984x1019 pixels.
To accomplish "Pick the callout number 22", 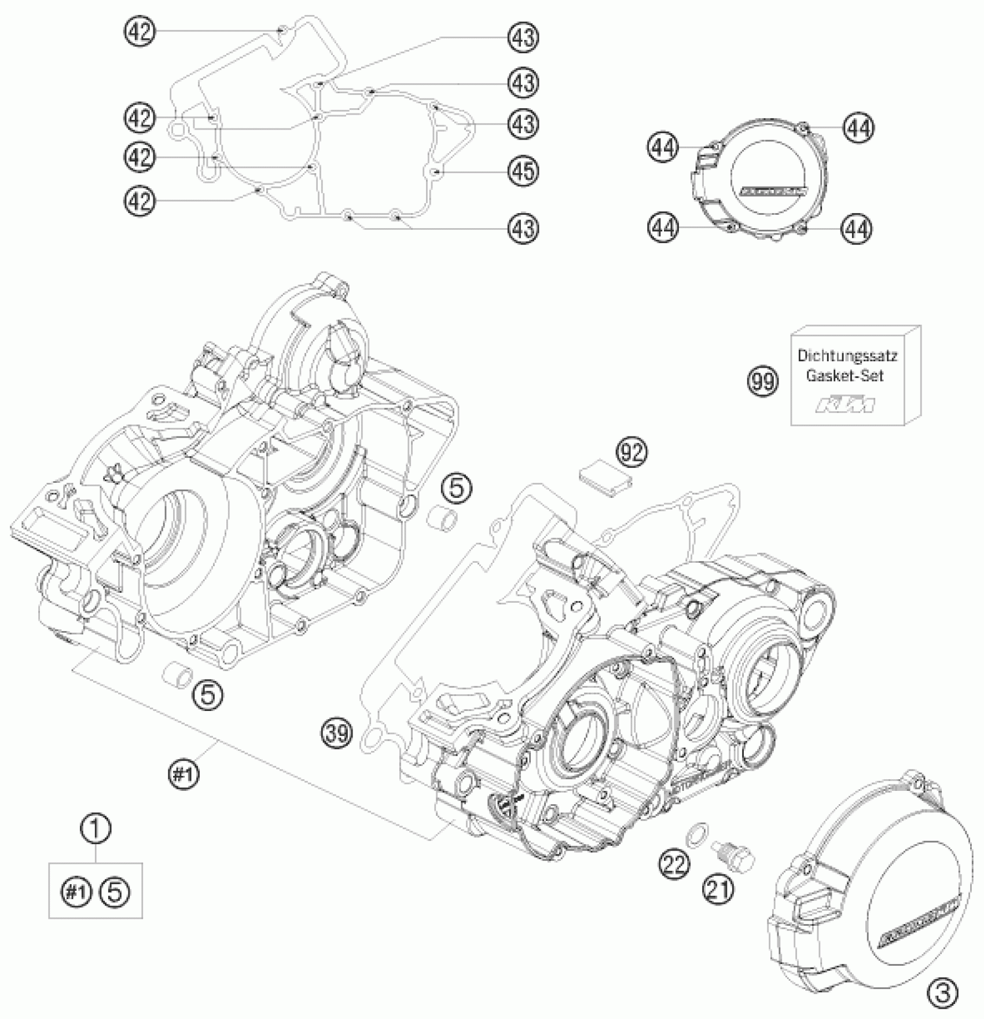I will (673, 864).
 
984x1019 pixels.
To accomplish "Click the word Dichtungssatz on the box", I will (847, 355).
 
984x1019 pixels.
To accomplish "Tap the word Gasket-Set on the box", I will (846, 376).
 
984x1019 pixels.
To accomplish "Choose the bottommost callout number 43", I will (523, 228).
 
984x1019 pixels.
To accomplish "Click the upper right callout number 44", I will (858, 127).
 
